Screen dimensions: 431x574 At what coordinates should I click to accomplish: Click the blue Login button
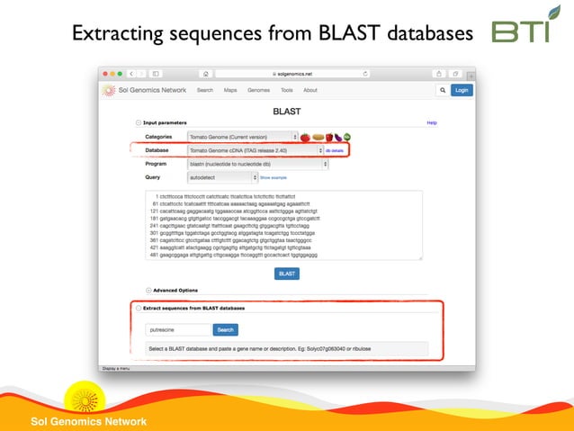point(461,90)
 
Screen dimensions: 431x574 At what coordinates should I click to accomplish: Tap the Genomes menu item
point(258,90)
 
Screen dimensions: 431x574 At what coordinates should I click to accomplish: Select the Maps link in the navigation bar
point(230,90)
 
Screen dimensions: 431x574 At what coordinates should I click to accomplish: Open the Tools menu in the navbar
point(286,90)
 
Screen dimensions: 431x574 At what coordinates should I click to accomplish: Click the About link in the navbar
point(309,90)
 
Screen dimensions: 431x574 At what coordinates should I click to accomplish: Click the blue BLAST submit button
point(287,274)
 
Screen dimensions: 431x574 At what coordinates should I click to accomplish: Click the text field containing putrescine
point(178,329)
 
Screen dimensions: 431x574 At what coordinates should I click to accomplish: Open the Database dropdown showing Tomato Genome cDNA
point(255,150)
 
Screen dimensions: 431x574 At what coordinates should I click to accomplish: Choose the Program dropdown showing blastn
point(257,164)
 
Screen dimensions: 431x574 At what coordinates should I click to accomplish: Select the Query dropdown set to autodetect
point(221,177)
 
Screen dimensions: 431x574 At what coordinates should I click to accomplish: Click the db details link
point(335,150)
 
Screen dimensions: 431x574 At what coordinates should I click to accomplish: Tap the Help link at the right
point(432,122)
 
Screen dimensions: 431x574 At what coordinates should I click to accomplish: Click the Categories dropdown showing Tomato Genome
point(243,137)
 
